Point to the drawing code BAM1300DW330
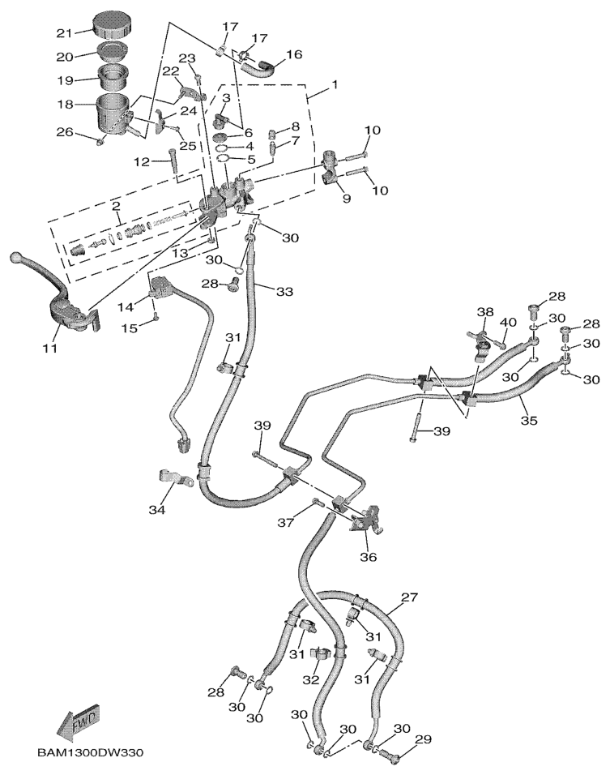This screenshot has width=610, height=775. [x=90, y=753]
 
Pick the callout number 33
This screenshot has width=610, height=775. [x=284, y=291]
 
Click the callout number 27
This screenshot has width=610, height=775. [x=410, y=598]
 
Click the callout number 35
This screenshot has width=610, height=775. [x=528, y=421]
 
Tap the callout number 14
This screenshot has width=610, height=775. [x=126, y=306]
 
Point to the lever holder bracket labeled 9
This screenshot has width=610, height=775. [x=331, y=165]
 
